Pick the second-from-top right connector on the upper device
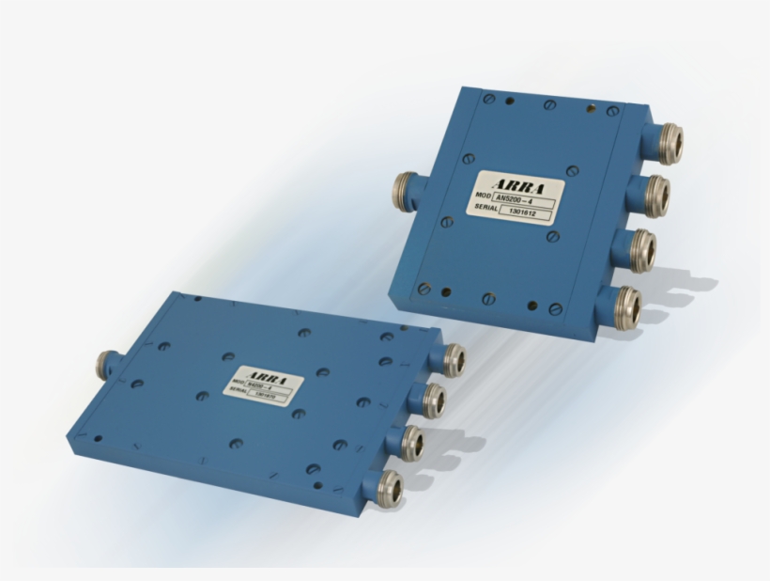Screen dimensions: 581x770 point(653,195)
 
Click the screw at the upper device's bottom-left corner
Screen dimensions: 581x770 point(423,288)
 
